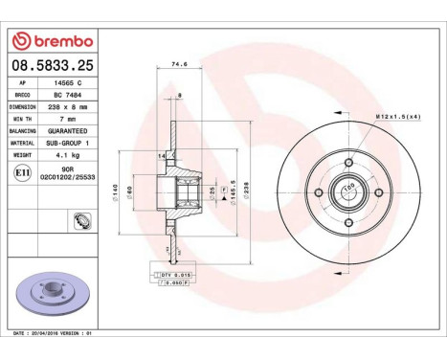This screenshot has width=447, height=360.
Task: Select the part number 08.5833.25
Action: [x=52, y=66]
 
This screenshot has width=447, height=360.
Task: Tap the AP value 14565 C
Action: [x=66, y=84]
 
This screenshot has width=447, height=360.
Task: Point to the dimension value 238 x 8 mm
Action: [x=67, y=107]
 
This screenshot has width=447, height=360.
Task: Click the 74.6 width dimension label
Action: [x=177, y=66]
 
